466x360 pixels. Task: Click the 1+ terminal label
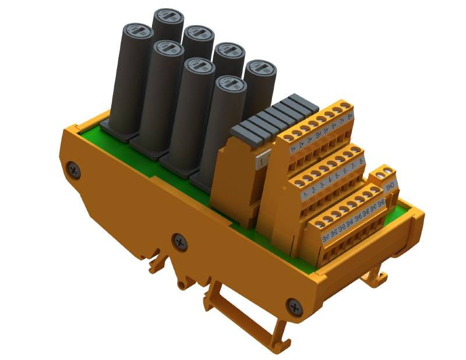pos(294,149)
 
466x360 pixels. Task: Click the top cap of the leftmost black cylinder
pos(136,30)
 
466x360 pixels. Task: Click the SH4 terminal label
pos(350,224)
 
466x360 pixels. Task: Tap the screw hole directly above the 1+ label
pos(290,136)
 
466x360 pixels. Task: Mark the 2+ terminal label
pos(302,144)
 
